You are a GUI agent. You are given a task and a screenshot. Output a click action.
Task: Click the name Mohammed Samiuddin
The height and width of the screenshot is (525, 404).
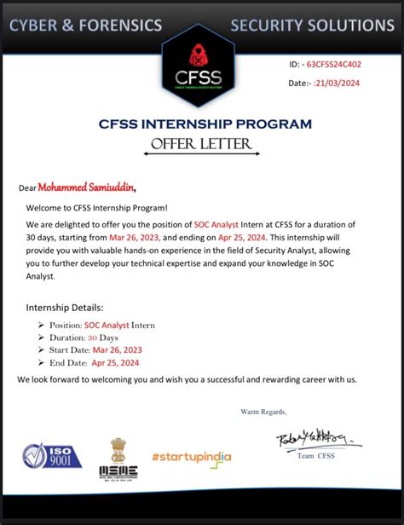(86, 187)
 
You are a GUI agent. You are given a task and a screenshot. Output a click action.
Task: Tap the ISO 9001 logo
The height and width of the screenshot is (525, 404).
(53, 457)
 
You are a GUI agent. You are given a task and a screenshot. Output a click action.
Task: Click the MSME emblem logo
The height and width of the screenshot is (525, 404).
(118, 459)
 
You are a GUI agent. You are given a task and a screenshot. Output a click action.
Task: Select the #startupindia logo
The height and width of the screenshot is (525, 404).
(192, 457)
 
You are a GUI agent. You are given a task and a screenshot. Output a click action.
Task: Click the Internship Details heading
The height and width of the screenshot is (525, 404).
(66, 307)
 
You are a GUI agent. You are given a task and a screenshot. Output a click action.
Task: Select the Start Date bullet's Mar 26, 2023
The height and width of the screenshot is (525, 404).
(118, 349)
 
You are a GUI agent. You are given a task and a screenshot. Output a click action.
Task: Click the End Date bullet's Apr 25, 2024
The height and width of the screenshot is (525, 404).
(118, 362)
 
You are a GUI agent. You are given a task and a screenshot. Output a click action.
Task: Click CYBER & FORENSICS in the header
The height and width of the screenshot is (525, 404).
(85, 26)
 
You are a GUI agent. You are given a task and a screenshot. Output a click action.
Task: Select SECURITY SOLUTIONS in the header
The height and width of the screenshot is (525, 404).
(312, 26)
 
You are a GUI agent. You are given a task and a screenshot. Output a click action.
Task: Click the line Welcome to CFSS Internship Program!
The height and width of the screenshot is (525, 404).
(96, 208)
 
